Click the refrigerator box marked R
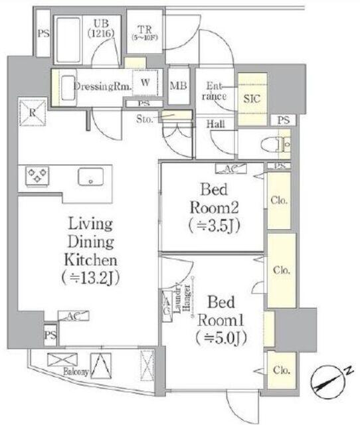point(32,112)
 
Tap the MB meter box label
point(178,85)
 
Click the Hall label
point(214,124)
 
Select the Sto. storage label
point(145,120)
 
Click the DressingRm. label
point(96,86)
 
